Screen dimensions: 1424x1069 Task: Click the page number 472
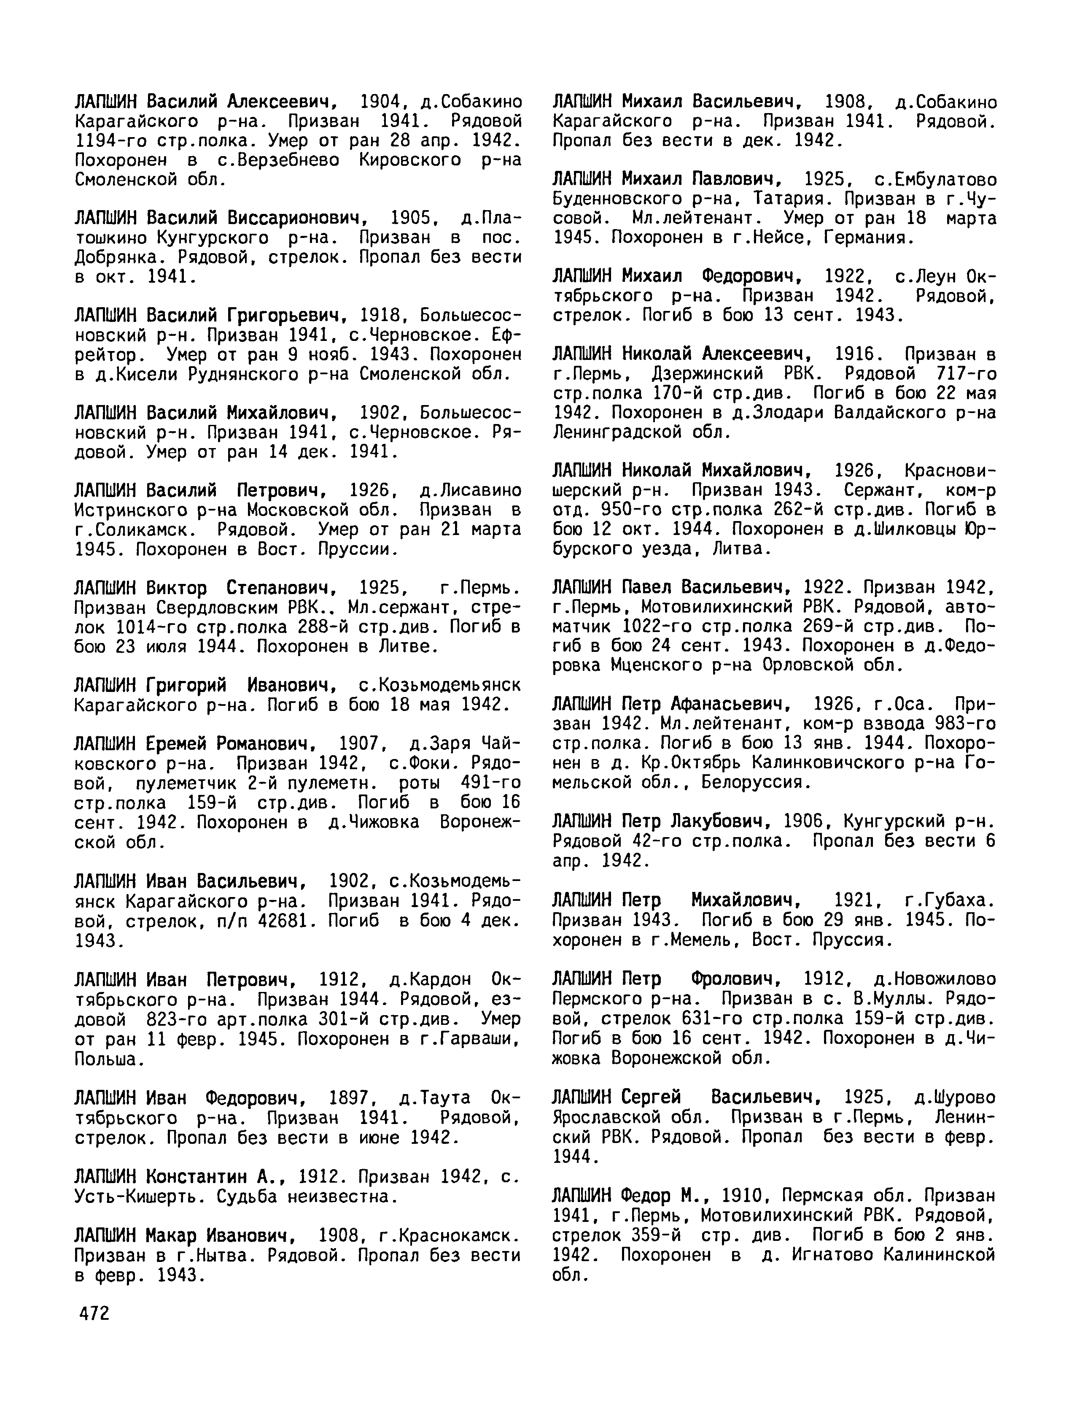[x=92, y=1313]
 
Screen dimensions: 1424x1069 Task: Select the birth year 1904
[x=381, y=102]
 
